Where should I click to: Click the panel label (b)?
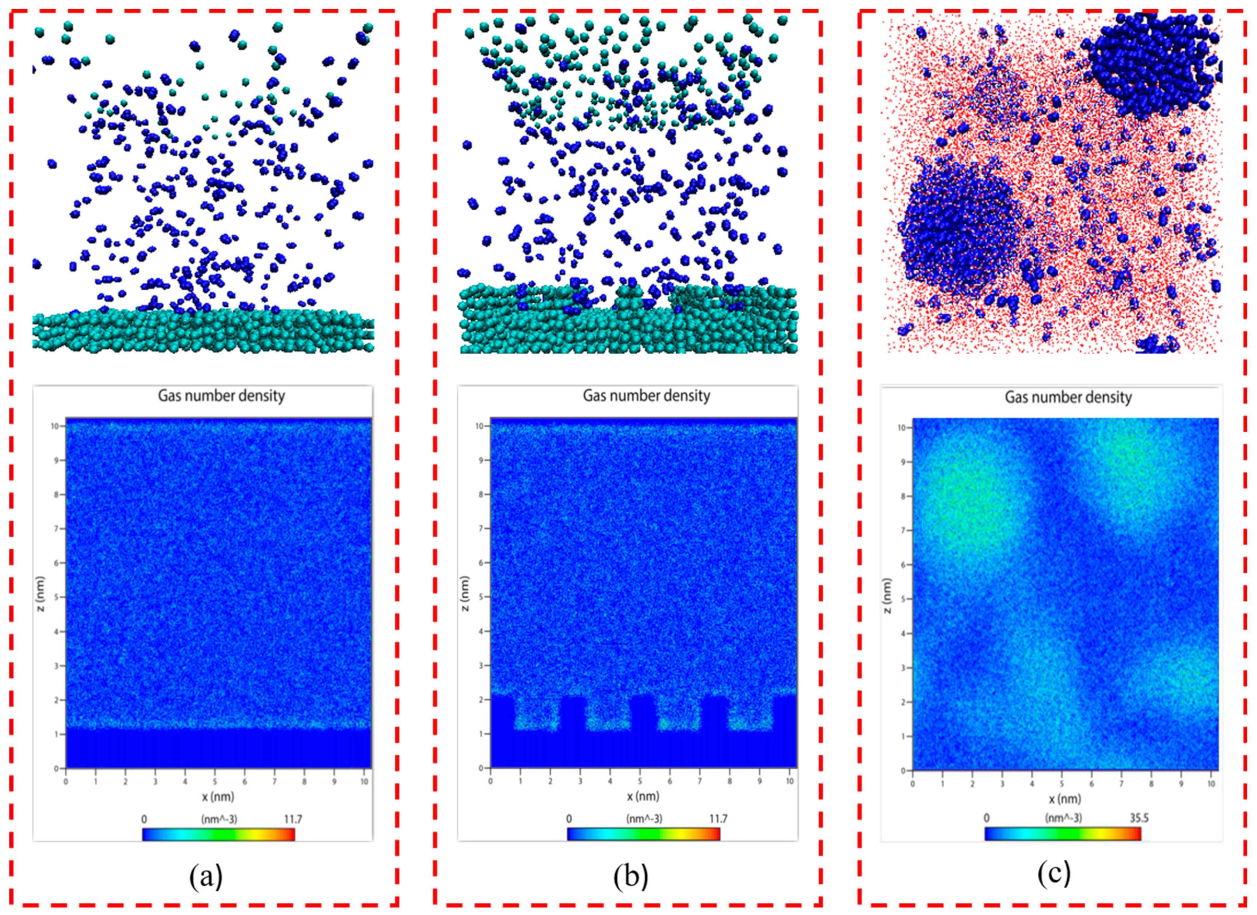pos(630,877)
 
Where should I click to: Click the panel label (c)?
pos(1054,874)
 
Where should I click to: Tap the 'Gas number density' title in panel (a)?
pos(221,395)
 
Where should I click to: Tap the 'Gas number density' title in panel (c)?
pos(1068,397)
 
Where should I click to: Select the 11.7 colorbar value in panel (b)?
pos(718,818)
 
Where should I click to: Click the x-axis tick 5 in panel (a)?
pos(215,781)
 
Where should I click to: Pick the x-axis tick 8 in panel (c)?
pos(1151,784)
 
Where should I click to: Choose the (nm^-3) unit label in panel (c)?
pos(1063,817)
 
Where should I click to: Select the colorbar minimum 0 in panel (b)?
pos(568,818)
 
